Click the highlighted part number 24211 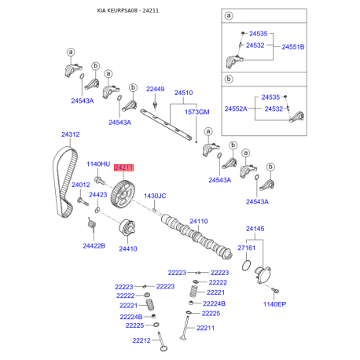tap(123, 167)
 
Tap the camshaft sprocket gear tap(123, 194)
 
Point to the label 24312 tap(71, 134)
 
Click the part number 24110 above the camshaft tap(199, 221)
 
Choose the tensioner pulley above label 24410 tap(127, 227)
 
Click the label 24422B tap(94, 246)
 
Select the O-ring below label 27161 tap(246, 266)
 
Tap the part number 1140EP tap(274, 304)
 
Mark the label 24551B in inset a tap(293, 47)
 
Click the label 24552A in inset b tap(236, 108)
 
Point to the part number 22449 tap(156, 89)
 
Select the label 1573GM tap(197, 112)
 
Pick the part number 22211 tap(205, 328)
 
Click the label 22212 tap(141, 340)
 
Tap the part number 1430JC tap(155, 196)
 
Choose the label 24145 tap(255, 229)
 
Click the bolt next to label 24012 tap(83, 202)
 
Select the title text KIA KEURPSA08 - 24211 tap(128, 11)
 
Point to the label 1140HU tap(98, 164)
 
